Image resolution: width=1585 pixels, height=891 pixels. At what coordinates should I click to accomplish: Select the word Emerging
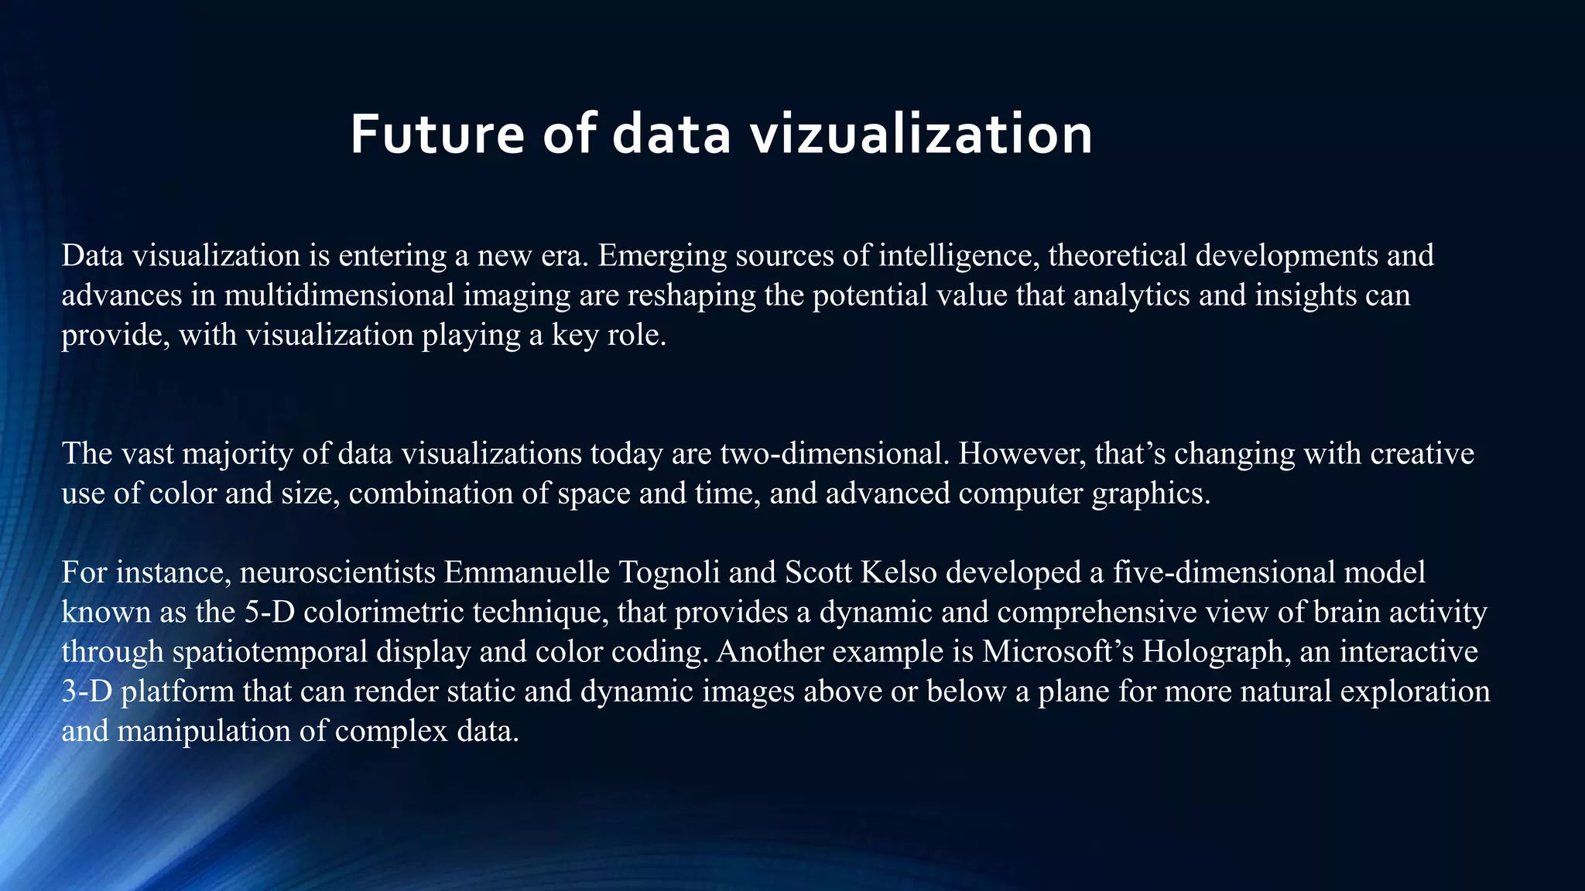point(662,255)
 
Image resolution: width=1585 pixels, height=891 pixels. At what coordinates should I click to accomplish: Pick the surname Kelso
point(899,572)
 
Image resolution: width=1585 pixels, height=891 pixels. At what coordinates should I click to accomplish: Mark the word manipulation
point(204,731)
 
